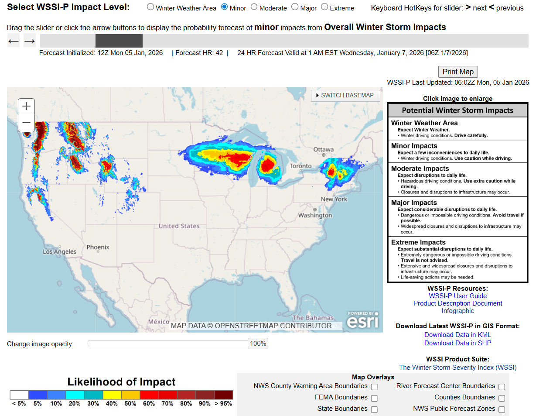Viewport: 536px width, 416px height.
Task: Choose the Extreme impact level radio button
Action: [x=324, y=7]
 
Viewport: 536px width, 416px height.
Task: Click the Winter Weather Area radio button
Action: [x=150, y=7]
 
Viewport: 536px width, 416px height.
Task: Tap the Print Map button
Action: [x=457, y=72]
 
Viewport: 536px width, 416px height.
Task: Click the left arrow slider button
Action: [x=14, y=41]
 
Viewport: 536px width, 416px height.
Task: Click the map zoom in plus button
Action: [x=26, y=106]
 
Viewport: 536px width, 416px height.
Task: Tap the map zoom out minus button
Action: [x=26, y=123]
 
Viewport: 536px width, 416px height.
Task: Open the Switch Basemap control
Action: [x=345, y=96]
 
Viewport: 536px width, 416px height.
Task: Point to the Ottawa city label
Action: [x=323, y=150]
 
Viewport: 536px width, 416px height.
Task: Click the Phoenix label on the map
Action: [x=98, y=247]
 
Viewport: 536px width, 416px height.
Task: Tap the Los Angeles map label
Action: [x=59, y=251]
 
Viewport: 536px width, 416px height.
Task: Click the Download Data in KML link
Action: [x=457, y=335]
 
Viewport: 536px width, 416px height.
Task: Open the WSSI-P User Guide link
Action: [x=457, y=296]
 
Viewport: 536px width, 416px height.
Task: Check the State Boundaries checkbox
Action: [x=374, y=409]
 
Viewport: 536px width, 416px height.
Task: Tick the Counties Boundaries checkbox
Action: [x=502, y=398]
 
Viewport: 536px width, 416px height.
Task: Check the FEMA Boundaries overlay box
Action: [x=374, y=398]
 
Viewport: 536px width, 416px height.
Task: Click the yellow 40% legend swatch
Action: [x=112, y=395]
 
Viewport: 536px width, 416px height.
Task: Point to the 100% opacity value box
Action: [x=258, y=344]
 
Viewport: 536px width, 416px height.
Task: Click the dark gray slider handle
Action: [x=119, y=41]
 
